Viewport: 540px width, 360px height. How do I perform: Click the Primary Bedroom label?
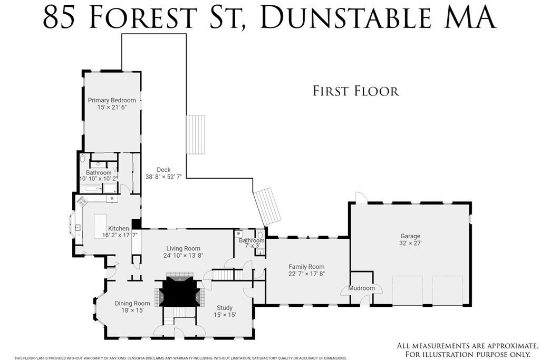pyautogui.click(x=112, y=100)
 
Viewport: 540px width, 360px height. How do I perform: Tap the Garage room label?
pyautogui.click(x=410, y=236)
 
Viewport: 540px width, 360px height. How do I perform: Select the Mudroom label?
pyautogui.click(x=361, y=288)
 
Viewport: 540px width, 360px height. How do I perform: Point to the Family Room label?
pyautogui.click(x=306, y=267)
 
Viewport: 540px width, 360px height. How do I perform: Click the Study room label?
pyautogui.click(x=225, y=308)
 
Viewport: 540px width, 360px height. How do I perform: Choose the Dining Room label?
pyautogui.click(x=132, y=304)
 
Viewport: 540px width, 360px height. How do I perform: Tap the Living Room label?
pyautogui.click(x=183, y=248)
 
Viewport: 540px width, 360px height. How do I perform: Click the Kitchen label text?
pyautogui.click(x=119, y=229)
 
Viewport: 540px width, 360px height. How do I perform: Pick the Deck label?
pyautogui.click(x=163, y=170)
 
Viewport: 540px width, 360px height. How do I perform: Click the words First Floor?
pyautogui.click(x=356, y=91)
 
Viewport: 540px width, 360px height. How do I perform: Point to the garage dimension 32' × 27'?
pyautogui.click(x=410, y=244)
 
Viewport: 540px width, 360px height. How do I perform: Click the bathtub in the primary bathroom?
pyautogui.click(x=90, y=188)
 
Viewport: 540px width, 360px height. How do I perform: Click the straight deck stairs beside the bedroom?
pyautogui.click(x=195, y=134)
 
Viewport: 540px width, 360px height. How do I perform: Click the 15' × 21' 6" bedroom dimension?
pyautogui.click(x=112, y=107)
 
